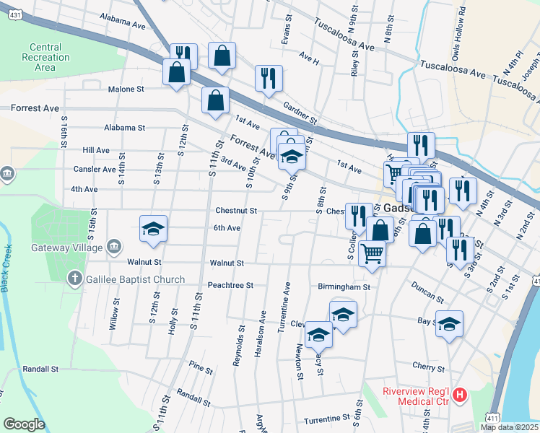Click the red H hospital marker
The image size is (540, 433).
[460, 395]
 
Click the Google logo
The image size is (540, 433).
[25, 424]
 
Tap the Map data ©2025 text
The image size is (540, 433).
[509, 427]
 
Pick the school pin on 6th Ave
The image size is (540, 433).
[153, 229]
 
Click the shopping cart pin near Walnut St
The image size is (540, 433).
[372, 253]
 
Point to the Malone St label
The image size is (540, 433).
[126, 89]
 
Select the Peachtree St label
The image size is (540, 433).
[230, 285]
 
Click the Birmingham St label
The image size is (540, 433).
[344, 287]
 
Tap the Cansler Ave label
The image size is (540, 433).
[95, 170]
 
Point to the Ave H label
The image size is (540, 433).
[308, 58]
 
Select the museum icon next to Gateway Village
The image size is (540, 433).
[114, 248]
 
